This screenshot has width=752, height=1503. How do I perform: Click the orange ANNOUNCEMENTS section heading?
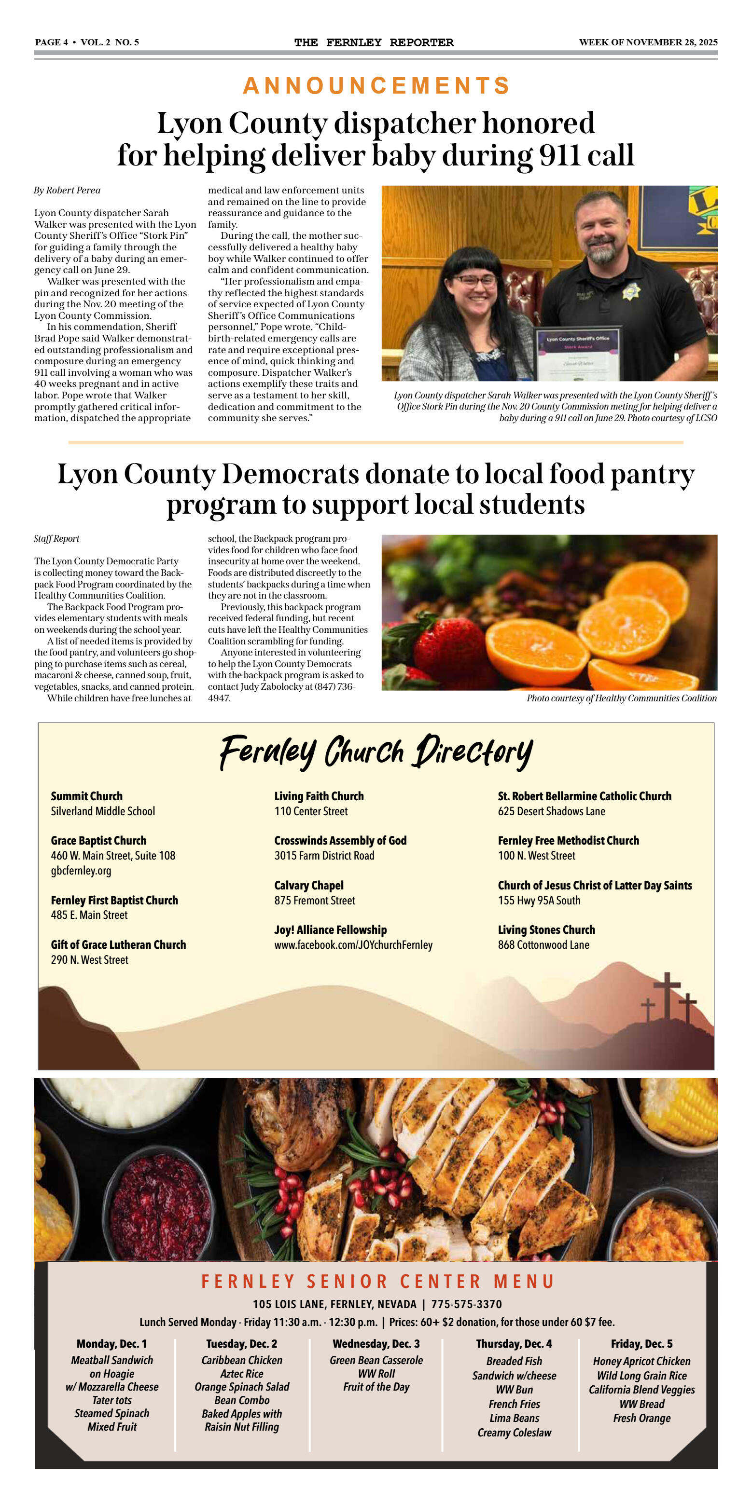376,86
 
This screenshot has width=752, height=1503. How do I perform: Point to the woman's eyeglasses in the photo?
473,280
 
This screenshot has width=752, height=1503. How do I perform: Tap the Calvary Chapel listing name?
309,885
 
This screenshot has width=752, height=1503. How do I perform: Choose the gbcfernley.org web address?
81,871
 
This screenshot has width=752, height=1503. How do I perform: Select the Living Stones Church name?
546,929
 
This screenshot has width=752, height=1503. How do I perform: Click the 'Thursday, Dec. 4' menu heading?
514,1344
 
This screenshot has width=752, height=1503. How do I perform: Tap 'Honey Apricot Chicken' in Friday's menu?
641,1361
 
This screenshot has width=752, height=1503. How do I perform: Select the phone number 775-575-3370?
466,1304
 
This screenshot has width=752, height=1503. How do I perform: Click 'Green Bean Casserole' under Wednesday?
376,1360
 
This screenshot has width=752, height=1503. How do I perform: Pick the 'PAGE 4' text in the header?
51,42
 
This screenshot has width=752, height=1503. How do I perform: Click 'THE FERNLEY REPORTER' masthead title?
374,42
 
